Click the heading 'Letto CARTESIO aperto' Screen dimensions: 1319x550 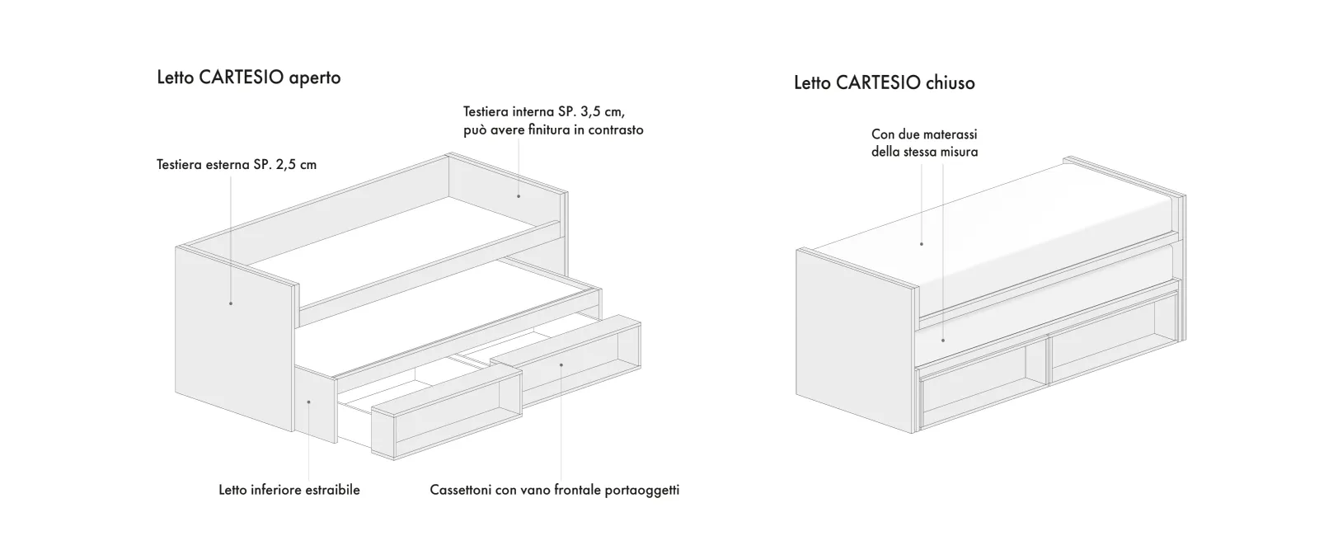point(248,78)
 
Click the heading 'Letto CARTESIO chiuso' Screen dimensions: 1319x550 point(885,83)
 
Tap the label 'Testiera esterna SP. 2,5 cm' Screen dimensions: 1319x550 point(237,165)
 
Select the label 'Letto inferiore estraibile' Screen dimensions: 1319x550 point(289,490)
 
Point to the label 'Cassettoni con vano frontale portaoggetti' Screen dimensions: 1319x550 point(555,490)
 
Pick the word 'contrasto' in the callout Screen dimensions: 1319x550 point(616,129)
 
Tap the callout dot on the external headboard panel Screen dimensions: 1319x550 point(231,303)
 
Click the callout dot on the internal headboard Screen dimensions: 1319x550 point(519,196)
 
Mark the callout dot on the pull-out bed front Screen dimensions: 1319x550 point(308,402)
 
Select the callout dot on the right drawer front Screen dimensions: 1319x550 point(561,365)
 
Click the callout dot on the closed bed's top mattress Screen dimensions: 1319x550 point(922,244)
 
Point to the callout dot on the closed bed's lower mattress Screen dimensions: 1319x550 point(943,341)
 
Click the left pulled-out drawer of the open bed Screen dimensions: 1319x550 point(446,412)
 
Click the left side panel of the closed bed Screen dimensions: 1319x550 point(854,341)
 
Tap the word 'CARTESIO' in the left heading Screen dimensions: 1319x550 point(242,78)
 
